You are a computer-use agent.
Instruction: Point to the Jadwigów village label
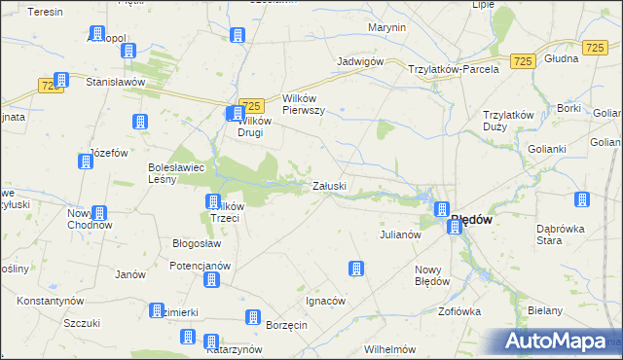coord(358,60)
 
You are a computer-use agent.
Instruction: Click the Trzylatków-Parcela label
coord(454,68)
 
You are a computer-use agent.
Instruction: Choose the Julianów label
coord(399,234)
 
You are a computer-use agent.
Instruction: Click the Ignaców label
coord(325,301)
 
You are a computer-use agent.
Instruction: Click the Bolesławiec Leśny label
coord(176,172)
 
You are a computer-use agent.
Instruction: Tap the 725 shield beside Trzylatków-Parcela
coord(522,61)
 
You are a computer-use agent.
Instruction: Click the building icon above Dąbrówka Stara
coord(582,200)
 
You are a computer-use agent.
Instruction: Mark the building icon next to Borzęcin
coord(252,317)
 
